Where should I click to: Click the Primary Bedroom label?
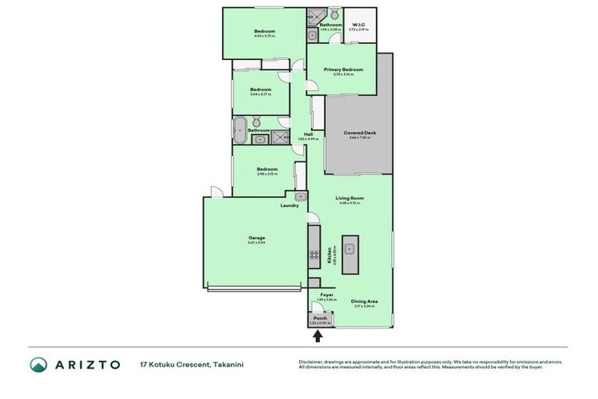343,69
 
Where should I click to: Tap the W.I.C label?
359,24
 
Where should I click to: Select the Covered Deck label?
359,132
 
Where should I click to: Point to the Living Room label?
350,198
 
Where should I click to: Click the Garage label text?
257,238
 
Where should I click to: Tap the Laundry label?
290,205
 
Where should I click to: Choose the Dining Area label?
364,301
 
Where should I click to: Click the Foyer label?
327,295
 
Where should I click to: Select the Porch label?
320,318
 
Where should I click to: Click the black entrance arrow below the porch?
318,336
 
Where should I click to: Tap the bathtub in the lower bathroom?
240,129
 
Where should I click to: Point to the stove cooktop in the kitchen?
314,254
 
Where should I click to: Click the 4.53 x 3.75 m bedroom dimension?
265,36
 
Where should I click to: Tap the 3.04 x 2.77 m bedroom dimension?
260,94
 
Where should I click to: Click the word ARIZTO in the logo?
86,365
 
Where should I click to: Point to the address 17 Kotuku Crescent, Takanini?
186,365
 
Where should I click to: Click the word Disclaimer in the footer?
311,362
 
